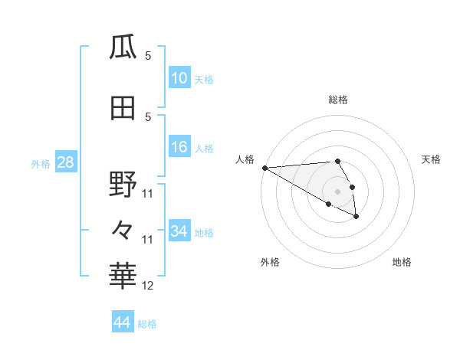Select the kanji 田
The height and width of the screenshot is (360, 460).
(123, 107)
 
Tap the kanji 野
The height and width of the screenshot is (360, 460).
(123, 185)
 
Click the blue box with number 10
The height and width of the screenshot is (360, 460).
(179, 78)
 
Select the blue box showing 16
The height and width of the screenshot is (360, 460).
(179, 147)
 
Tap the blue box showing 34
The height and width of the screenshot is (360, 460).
(179, 231)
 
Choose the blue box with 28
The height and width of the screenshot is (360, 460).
(65, 162)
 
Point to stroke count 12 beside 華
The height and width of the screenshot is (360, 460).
(148, 286)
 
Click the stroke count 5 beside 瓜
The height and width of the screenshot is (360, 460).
(148, 56)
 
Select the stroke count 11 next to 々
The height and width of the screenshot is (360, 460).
(148, 240)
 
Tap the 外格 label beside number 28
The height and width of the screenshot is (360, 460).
(41, 163)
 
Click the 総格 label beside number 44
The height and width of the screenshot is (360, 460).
(147, 324)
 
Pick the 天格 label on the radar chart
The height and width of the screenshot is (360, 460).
(431, 159)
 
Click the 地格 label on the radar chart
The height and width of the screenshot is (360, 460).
(402, 262)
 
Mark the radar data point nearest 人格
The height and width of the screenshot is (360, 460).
(264, 168)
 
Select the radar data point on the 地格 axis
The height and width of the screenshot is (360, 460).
(356, 218)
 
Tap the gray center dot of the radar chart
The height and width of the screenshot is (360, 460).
(337, 191)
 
